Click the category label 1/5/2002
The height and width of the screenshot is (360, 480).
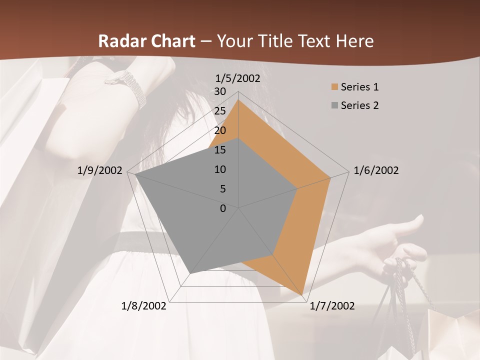(x=238, y=78)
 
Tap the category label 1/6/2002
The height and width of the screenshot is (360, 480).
(x=376, y=170)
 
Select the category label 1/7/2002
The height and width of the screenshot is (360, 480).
(x=332, y=306)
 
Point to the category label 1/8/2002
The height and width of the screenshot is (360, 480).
(x=143, y=306)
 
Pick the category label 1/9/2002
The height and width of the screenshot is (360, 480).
(x=100, y=170)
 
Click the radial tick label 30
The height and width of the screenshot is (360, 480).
(x=220, y=91)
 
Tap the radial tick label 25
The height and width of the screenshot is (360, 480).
(x=220, y=111)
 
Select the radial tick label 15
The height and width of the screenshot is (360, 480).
(x=220, y=150)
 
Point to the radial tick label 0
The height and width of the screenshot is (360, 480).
(x=223, y=208)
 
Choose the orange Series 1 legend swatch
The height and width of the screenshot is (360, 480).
(x=334, y=87)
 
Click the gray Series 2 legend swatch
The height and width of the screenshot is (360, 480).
(x=334, y=105)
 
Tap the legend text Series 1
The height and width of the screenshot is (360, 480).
(x=359, y=87)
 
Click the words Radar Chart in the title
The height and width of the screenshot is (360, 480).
(x=146, y=41)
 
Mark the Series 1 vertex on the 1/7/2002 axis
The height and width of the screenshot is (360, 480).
(x=302, y=294)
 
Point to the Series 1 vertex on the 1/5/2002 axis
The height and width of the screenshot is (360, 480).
(x=238, y=100)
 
